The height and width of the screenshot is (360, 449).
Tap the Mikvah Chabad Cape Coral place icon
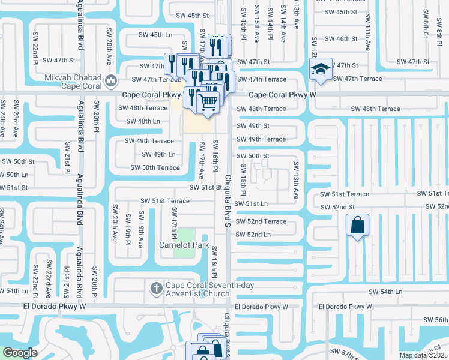(110, 80)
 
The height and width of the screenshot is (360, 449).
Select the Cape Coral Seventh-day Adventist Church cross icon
(156, 288)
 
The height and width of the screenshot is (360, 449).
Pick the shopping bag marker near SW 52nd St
(357, 226)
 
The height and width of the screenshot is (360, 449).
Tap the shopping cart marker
(208, 101)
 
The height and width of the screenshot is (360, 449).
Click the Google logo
(19, 353)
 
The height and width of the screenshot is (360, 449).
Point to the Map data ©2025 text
(423, 355)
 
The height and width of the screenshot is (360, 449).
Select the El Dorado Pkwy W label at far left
(55, 306)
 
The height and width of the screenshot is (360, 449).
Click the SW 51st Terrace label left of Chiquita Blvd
(165, 201)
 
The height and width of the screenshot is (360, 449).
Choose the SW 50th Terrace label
(155, 167)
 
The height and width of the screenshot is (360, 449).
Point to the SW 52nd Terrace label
(261, 221)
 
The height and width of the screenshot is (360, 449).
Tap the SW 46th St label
(337, 39)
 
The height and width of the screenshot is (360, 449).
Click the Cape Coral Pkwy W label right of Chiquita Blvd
(274, 94)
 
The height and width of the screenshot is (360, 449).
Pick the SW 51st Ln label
(252, 203)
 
